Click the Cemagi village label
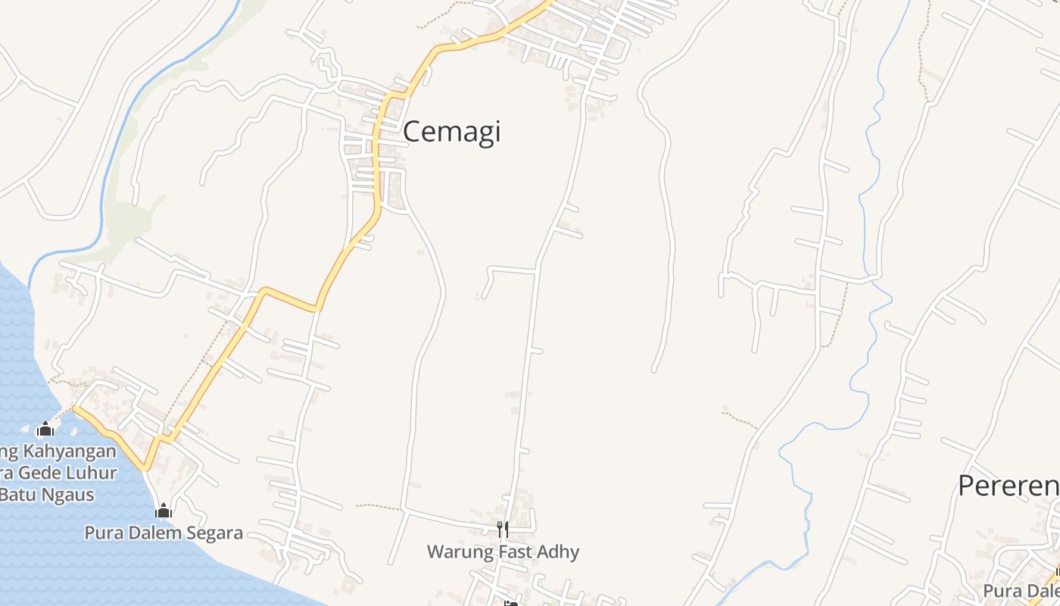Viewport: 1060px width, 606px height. [x=451, y=132]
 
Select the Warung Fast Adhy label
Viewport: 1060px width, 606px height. [x=503, y=551]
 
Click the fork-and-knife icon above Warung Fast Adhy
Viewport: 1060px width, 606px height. [x=502, y=529]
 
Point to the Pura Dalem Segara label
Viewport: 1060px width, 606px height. [x=164, y=533]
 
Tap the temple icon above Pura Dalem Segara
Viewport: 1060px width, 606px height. [x=164, y=511]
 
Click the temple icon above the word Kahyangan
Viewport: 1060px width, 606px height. [x=45, y=430]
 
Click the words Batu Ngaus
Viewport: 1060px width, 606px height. [x=48, y=495]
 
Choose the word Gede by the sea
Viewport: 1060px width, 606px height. [x=42, y=473]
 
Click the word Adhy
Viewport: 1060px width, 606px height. [x=560, y=551]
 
